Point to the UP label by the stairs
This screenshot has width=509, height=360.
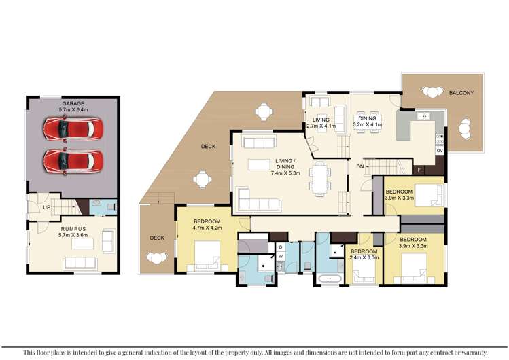coord(47,206)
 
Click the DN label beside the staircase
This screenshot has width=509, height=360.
coord(360,166)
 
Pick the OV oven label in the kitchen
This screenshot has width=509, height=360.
coord(440,149)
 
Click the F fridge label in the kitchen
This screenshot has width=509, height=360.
coord(419,169)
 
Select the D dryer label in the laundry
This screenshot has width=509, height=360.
coord(279,247)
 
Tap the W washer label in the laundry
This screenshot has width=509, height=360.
coord(279,256)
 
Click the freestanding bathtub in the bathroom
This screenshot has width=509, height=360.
coord(330,278)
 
